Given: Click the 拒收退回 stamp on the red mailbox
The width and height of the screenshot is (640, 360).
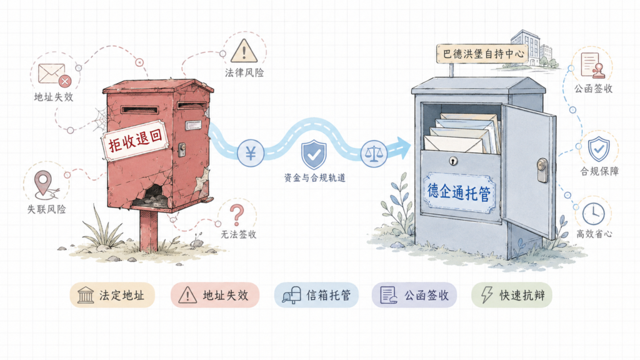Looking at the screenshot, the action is [x=136, y=141].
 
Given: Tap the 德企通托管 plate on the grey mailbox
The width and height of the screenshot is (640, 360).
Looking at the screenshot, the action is [x=459, y=192].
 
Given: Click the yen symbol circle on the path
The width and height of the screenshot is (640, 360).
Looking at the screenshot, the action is [x=251, y=153].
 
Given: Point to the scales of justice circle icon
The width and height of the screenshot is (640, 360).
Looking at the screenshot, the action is [x=374, y=154].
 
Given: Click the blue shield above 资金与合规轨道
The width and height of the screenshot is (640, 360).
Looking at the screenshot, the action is [x=314, y=154].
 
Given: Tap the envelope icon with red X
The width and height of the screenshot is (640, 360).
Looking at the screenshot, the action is [x=54, y=75].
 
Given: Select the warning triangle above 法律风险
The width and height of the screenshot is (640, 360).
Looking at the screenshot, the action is [x=244, y=51].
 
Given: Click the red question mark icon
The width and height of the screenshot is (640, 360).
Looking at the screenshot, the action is [x=237, y=215].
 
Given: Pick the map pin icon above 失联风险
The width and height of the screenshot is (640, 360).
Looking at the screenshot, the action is [x=46, y=185].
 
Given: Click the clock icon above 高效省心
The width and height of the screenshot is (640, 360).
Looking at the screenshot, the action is [x=593, y=214].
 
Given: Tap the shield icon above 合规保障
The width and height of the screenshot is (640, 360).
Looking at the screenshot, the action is [x=598, y=149].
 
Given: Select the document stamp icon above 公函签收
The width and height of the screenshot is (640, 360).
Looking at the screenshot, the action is [x=592, y=65].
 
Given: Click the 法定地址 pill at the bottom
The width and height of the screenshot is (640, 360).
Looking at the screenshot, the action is [x=112, y=295].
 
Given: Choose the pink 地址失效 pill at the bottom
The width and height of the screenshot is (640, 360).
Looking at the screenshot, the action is [x=215, y=295].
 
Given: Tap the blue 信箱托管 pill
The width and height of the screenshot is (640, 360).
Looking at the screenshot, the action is [x=316, y=295].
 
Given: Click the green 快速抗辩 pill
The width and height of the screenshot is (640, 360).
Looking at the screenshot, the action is [x=512, y=295].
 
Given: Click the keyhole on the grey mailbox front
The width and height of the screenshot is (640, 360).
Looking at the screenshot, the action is [x=452, y=161].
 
